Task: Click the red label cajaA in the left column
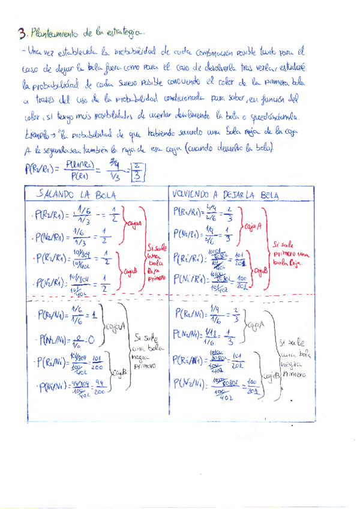[133, 224]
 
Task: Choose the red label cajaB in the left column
[131, 272]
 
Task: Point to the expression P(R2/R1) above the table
[40, 170]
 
